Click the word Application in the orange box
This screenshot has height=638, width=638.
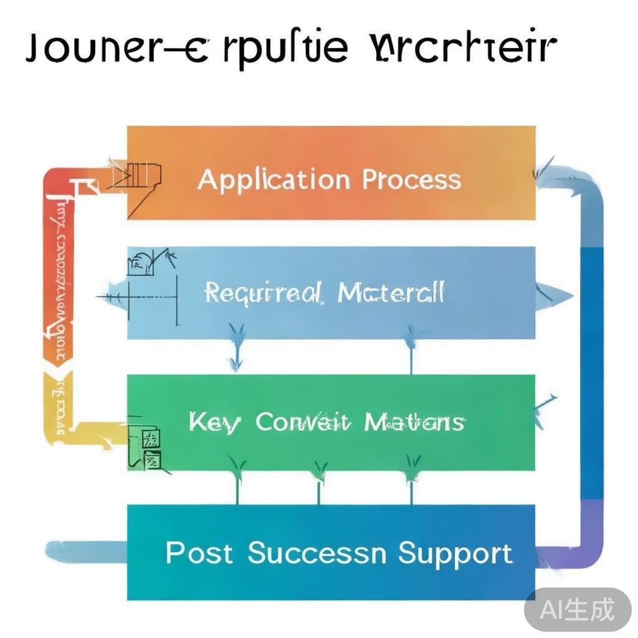click(x=274, y=180)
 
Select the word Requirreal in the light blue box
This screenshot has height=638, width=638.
click(x=264, y=292)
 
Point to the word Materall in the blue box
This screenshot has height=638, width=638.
click(x=391, y=292)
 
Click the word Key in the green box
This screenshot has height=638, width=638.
click(x=214, y=423)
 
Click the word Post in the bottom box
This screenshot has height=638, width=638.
click(x=199, y=553)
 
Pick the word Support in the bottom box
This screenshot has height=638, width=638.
click(x=455, y=553)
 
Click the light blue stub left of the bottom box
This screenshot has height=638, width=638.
click(x=87, y=551)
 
